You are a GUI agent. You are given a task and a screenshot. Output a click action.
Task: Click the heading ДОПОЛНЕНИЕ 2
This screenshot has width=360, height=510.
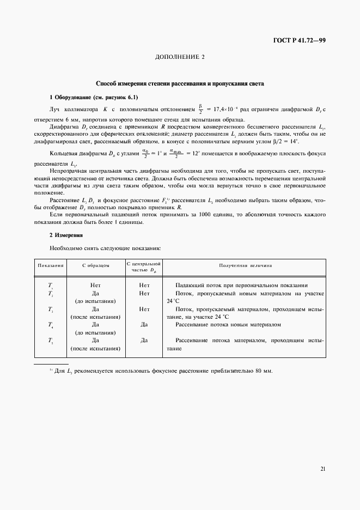tap(180, 57)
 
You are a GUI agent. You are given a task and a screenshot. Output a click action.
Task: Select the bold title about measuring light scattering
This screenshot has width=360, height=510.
tap(180, 84)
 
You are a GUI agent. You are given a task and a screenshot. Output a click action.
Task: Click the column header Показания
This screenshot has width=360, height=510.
tap(51, 265)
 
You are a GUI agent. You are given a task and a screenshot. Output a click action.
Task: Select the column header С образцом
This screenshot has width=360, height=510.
tap(95, 265)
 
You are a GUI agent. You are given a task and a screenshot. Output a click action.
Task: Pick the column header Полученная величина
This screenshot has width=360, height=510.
tap(246, 265)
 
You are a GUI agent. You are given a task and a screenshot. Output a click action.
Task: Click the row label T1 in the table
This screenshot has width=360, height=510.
tap(50, 285)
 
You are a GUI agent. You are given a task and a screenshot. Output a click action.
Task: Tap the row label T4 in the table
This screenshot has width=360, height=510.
tap(50, 325)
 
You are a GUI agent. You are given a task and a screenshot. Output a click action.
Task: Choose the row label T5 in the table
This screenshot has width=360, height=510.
tap(50, 341)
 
